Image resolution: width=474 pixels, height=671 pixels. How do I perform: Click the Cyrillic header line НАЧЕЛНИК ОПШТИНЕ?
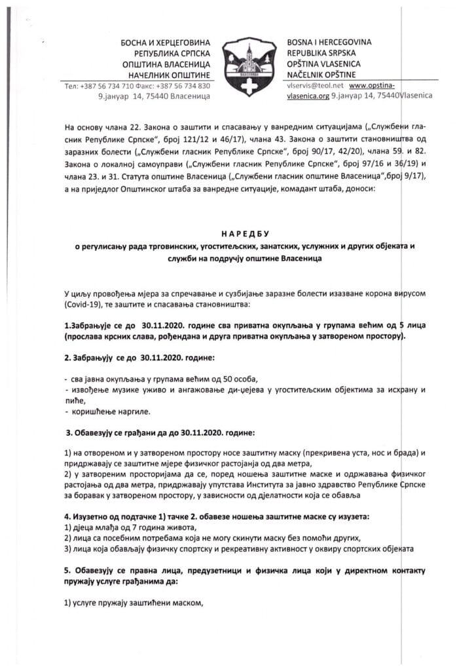[x=170, y=75]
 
